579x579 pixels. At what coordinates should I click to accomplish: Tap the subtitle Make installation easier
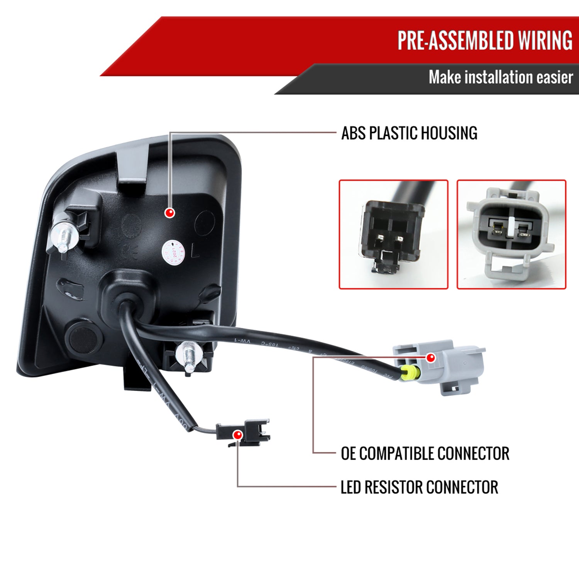[x=501, y=77]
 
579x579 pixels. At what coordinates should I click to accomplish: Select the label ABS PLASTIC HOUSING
[x=409, y=133]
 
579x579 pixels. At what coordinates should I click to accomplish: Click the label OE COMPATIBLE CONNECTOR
[x=425, y=454]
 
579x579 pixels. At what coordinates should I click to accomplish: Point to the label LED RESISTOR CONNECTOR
[x=419, y=487]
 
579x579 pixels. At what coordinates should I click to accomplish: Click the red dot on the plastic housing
[x=169, y=212]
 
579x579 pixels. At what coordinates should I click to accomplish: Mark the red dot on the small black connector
[x=238, y=435]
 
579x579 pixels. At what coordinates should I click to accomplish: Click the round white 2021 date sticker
[x=173, y=252]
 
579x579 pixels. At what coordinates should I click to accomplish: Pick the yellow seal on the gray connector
[x=406, y=373]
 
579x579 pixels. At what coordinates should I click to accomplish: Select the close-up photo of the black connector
[x=393, y=234]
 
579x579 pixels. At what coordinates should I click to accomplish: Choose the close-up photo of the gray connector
[x=511, y=234]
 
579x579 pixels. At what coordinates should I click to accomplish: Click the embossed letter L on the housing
[x=195, y=252]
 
